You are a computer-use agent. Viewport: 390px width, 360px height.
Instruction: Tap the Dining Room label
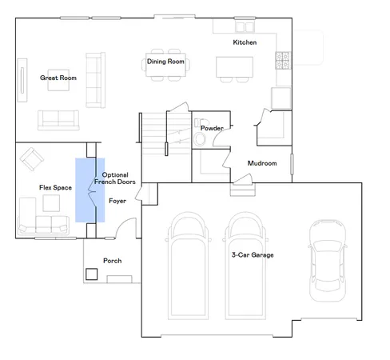click(x=165, y=62)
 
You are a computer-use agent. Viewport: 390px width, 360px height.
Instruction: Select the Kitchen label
click(x=245, y=42)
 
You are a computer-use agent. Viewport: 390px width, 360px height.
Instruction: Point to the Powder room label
click(x=212, y=128)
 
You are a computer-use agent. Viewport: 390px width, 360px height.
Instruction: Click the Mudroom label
click(x=262, y=163)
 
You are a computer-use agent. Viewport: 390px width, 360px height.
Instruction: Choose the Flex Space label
click(x=56, y=187)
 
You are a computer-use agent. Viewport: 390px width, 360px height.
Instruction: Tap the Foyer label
click(x=117, y=200)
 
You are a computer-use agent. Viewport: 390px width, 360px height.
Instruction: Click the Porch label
click(x=113, y=261)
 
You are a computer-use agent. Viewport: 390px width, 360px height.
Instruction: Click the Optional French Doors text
click(x=114, y=178)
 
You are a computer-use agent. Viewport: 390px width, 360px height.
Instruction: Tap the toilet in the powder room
click(x=200, y=140)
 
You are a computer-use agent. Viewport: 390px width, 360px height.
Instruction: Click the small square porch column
click(x=93, y=274)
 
